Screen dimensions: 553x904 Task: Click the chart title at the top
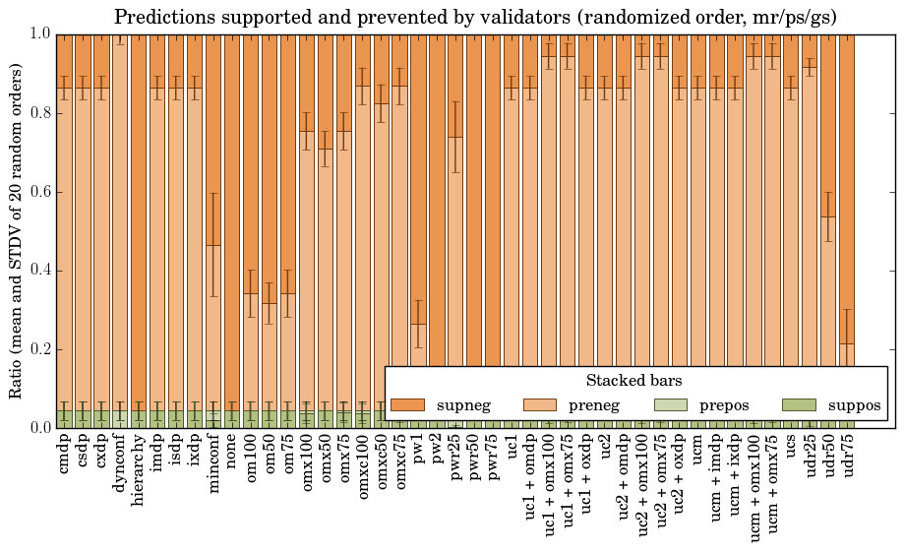coord(475,17)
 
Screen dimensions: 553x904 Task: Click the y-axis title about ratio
coord(17,230)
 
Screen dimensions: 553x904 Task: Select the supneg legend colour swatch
coord(407,405)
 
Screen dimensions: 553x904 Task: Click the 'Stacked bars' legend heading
coord(634,381)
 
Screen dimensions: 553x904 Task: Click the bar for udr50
coord(828,295)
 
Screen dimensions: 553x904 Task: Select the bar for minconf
coord(213,295)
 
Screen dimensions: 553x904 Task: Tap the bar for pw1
coord(418,344)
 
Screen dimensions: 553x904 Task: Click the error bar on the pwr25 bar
coord(455,137)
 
